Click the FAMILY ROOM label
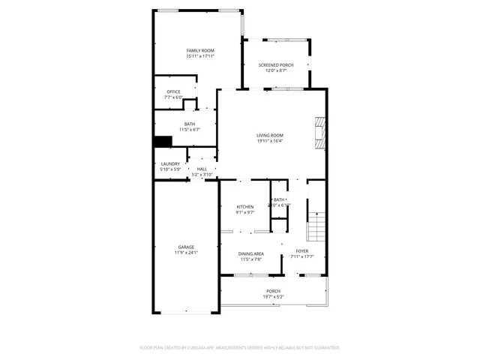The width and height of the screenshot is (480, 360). click(x=200, y=50)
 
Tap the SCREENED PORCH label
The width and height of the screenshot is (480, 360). click(x=276, y=65)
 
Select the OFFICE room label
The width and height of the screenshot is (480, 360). click(x=173, y=91)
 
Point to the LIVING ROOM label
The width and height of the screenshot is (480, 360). click(x=270, y=135)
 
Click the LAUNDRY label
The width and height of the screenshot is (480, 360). click(x=170, y=163)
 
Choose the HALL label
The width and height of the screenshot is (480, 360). click(x=202, y=169)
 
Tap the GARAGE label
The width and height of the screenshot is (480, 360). click(x=186, y=247)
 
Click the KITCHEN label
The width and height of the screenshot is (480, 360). click(x=245, y=206)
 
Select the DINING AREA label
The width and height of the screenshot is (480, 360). click(x=250, y=253)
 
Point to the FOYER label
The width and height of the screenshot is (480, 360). click(x=301, y=251)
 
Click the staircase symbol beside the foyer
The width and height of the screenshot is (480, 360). click(x=316, y=223)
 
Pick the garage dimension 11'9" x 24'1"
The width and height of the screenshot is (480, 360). click(x=186, y=252)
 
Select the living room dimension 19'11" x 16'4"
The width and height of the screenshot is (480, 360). click(x=270, y=140)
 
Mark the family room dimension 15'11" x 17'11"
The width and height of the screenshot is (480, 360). click(x=200, y=55)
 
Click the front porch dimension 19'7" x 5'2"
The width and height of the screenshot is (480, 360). click(x=273, y=296)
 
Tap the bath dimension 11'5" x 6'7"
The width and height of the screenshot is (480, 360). click(x=190, y=129)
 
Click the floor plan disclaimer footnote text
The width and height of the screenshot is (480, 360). click(x=240, y=348)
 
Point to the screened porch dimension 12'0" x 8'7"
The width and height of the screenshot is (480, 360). click(x=276, y=70)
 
